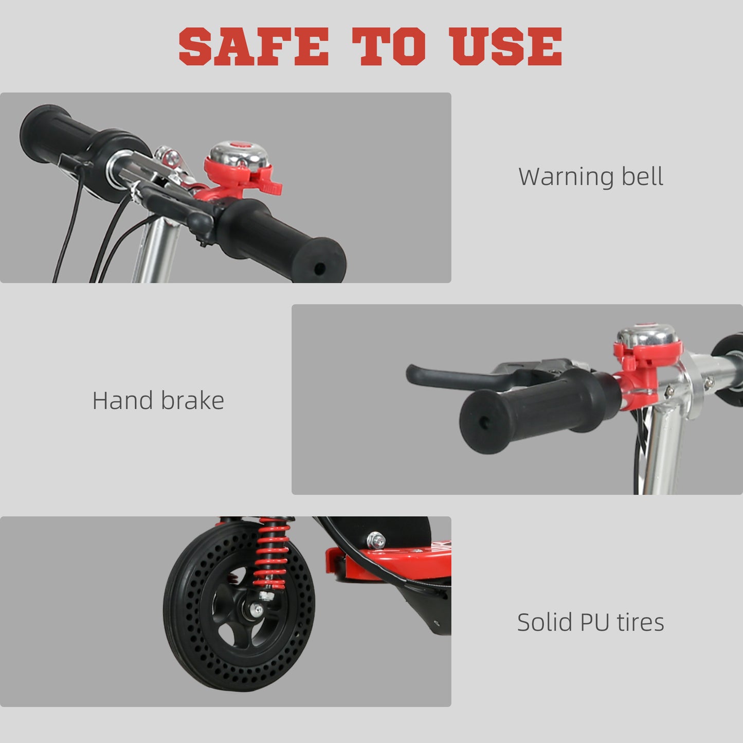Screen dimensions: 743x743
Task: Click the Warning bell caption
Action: click(x=590, y=176)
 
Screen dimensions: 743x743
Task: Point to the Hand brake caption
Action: click(x=158, y=401)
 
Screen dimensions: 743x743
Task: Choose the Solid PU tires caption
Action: click(x=590, y=622)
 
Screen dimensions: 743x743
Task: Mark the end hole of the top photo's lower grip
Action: click(x=319, y=268)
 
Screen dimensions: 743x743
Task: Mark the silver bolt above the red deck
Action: click(x=376, y=540)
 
